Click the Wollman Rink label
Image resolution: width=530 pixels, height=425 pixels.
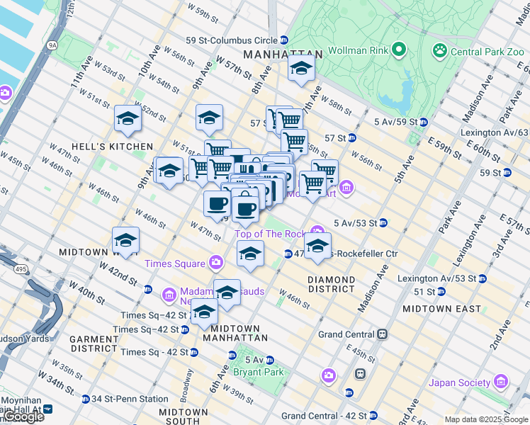coord(358,50)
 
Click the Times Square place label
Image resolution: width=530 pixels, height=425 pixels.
coord(174,263)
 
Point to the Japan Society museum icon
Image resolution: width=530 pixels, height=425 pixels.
coord(501,382)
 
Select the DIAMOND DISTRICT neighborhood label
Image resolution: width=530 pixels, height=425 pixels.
coord(331,284)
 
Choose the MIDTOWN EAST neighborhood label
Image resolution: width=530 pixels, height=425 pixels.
coord(441,309)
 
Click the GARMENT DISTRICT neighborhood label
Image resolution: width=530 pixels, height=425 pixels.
coord(94,344)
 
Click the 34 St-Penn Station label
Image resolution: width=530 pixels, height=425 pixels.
coord(134,399)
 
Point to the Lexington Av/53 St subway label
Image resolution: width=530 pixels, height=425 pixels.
coord(437,278)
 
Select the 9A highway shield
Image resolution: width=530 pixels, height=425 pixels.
coord(52,45)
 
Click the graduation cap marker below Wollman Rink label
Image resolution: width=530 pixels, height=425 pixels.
coord(301,70)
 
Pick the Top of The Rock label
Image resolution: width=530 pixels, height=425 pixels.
coord(269,234)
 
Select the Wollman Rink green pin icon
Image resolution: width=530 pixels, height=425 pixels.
coord(399,50)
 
